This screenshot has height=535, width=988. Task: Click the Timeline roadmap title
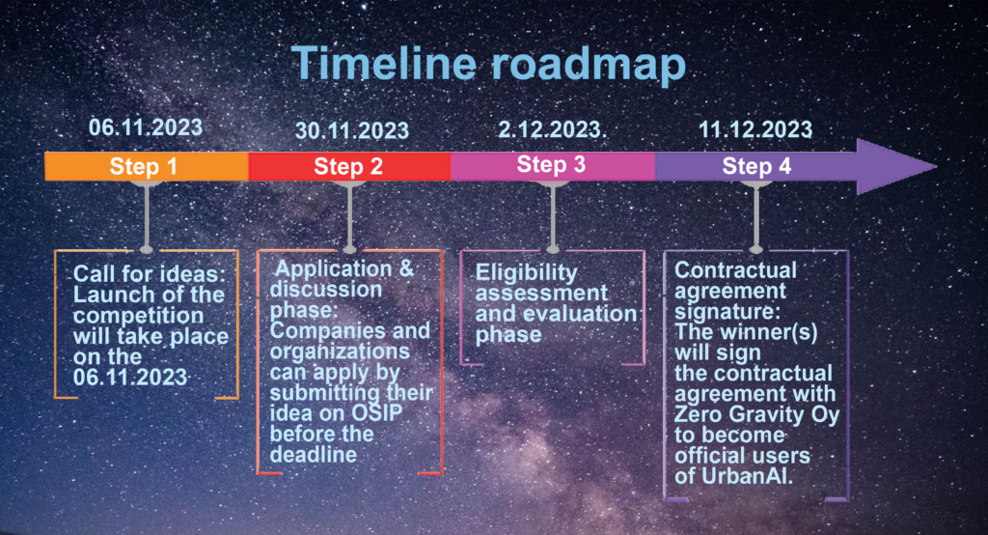point(488,64)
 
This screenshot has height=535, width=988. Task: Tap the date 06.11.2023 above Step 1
point(146,127)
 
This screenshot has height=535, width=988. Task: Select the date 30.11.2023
point(352,130)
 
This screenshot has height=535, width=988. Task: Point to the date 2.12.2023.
point(552,129)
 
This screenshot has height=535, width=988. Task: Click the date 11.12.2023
point(755,129)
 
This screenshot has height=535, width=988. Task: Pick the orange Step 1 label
point(143,166)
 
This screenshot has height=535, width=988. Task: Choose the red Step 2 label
point(348,166)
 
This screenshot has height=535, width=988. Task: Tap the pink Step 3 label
point(551,165)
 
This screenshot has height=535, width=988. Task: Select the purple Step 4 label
point(756,166)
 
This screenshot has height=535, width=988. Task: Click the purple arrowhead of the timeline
point(894,166)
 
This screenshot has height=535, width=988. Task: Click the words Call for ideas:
point(150,274)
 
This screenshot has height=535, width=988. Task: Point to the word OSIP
point(377,413)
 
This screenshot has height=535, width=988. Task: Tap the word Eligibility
point(526,272)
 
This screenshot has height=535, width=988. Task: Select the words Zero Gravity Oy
point(756,415)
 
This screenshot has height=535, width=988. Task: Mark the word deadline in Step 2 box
point(314,455)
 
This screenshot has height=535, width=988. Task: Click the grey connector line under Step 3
point(553,215)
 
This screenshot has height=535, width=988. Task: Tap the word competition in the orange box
point(138,316)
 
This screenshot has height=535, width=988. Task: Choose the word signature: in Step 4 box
point(727,312)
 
